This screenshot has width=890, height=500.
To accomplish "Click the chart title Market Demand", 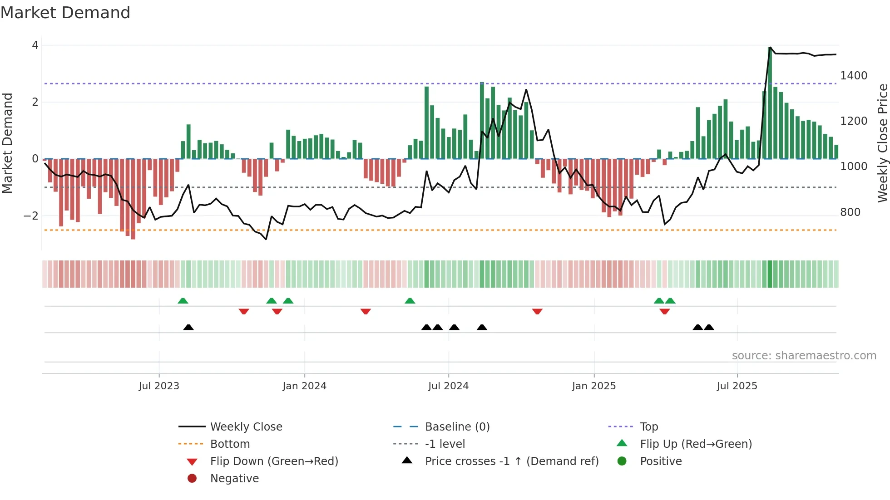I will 65,13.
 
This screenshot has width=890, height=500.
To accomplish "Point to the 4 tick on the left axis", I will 35,45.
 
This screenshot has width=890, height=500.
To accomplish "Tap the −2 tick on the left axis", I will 31,216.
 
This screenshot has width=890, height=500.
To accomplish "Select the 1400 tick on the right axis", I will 854,76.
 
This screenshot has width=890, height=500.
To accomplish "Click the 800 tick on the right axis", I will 850,212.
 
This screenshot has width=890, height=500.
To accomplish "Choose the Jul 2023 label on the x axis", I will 159,386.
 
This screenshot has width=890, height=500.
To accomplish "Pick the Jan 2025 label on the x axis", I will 593,386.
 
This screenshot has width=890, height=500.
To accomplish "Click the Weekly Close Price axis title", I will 882,143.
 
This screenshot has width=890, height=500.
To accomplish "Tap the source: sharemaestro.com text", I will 804,356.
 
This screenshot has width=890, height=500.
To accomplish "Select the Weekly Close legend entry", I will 246,427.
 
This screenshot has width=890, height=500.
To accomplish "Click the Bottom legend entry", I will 230,444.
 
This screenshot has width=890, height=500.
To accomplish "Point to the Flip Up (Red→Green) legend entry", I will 695,444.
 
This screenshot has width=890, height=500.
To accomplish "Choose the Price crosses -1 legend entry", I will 511,461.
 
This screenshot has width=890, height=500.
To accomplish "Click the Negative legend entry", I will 234,479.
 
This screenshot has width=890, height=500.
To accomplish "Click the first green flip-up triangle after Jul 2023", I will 183,301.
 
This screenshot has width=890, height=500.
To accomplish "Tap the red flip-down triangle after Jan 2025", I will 665,312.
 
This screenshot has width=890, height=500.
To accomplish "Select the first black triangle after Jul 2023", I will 188,327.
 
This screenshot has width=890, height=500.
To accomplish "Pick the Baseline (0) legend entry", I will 457,427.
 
